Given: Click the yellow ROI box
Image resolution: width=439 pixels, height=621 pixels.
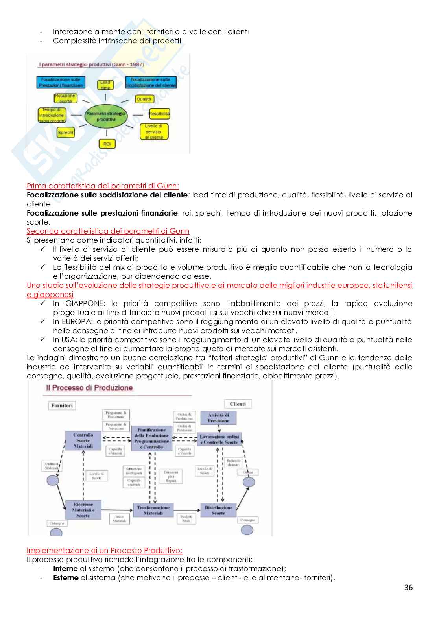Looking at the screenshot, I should tap(107, 144).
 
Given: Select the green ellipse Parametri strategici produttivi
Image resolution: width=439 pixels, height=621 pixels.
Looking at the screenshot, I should tap(106, 116).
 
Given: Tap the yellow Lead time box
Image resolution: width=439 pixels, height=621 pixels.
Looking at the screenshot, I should tap(105, 85).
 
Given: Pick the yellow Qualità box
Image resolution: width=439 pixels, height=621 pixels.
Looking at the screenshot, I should tap(144, 99).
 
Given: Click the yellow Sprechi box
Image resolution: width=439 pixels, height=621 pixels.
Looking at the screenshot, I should tap(66, 133).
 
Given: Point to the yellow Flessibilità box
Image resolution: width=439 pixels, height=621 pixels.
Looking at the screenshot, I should tap(159, 114).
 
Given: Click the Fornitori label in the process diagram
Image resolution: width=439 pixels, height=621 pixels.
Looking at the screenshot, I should tap(62, 405).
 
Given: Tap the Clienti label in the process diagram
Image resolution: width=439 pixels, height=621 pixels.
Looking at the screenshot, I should tap(238, 404).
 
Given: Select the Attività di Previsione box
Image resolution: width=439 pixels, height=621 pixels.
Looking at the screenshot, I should tap(218, 418).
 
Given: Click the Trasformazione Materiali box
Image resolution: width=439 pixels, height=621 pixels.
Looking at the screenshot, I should tap(153, 510).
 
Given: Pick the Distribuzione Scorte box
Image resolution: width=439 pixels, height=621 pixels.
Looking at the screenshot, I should tap(218, 510).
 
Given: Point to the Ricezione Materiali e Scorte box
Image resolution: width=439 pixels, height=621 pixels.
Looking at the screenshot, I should tap(83, 510).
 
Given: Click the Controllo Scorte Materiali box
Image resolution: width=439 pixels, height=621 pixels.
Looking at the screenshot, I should tap(83, 440).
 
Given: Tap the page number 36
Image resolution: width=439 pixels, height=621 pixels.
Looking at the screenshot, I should tap(408, 599).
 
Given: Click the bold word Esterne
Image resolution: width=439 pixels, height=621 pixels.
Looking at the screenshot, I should tap(66, 578).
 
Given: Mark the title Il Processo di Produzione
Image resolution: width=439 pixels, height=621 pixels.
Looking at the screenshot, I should tap(89, 388).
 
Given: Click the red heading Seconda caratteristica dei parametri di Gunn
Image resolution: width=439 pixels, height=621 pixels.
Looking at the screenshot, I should tap(108, 231).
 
